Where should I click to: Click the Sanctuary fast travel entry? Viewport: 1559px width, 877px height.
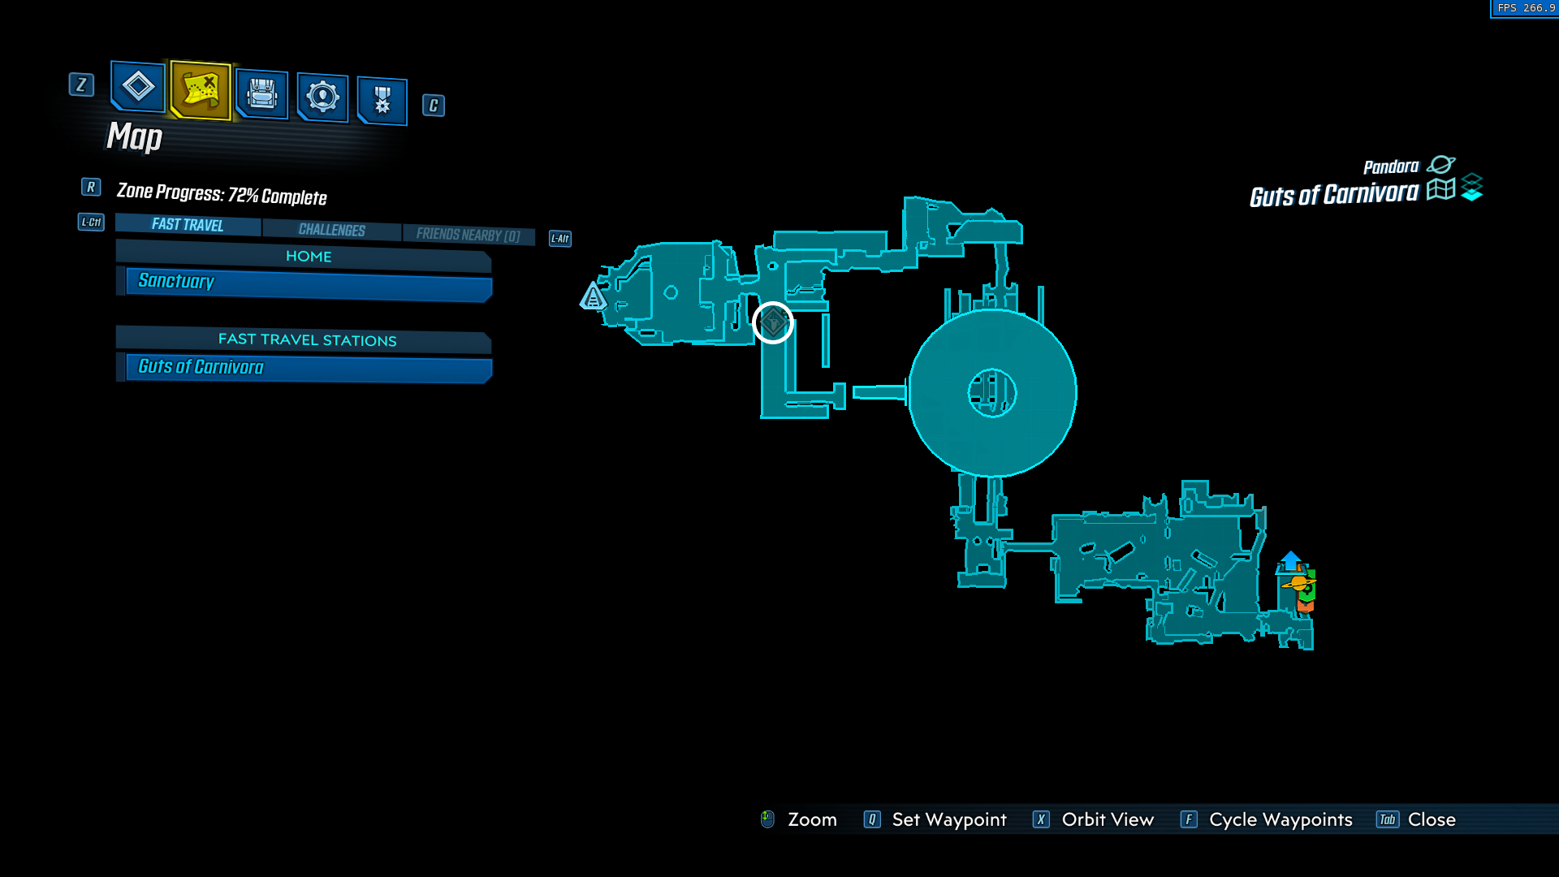coord(309,283)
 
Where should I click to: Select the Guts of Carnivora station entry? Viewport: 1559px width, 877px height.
coord(309,368)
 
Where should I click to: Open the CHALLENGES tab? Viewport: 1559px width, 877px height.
coord(331,230)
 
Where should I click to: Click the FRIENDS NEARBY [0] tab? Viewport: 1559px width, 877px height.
coord(469,235)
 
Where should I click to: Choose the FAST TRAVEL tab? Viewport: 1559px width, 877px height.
coord(188,224)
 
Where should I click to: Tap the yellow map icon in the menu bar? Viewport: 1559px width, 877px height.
coord(201,89)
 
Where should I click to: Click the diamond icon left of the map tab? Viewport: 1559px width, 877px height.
coord(138,86)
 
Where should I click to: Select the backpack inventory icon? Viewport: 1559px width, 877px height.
coord(261,94)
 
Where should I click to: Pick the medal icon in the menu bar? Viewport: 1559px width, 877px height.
coord(382,101)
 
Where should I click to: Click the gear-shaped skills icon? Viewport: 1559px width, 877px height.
coord(322,97)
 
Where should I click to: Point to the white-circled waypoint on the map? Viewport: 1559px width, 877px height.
coord(773,323)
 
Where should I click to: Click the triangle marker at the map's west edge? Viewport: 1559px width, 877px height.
coord(593,296)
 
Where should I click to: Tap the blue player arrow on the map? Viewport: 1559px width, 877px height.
coord(1291,560)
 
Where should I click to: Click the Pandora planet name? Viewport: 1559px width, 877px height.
coord(1391,166)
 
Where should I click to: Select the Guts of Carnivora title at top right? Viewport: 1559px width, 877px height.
coord(1334,195)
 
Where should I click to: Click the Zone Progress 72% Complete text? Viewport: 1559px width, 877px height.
coord(222,194)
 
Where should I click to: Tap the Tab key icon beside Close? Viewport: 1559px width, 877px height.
coord(1388,819)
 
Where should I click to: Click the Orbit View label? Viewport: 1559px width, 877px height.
coord(1108,819)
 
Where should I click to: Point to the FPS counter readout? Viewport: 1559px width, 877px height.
coord(1525,8)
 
